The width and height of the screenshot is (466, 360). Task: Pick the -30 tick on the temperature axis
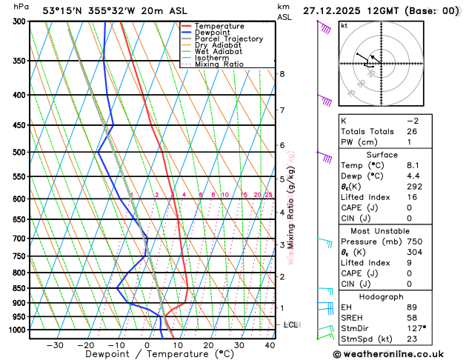pyautogui.click(x=55, y=345)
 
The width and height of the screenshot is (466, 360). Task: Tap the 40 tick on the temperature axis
pyautogui.click(x=270, y=345)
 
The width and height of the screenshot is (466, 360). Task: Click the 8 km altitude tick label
pyautogui.click(x=282, y=74)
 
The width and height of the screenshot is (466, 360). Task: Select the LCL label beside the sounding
pyautogui.click(x=290, y=324)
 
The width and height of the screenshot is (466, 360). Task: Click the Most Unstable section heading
pyautogui.click(x=399, y=230)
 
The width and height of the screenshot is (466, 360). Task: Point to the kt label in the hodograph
pyautogui.click(x=344, y=25)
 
